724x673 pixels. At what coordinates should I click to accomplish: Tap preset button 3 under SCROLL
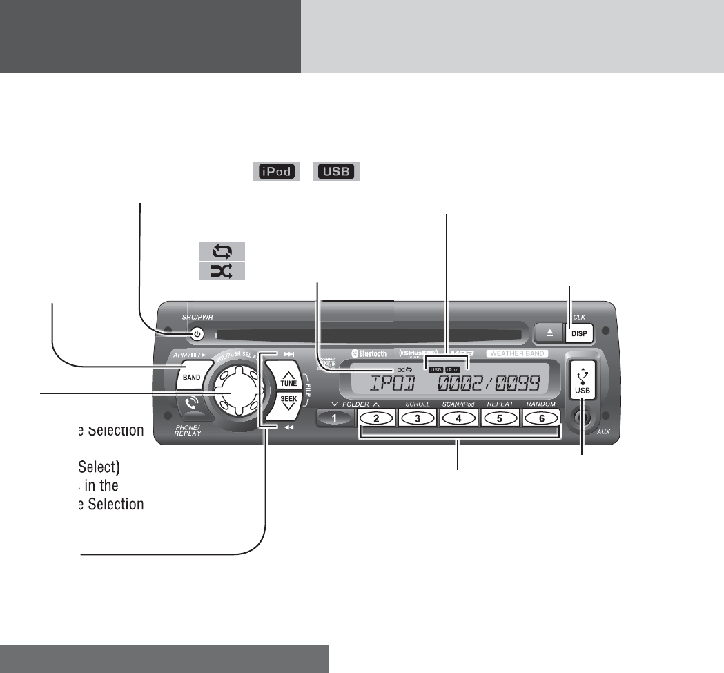coord(418,418)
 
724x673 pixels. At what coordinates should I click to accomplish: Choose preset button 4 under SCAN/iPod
coord(459,418)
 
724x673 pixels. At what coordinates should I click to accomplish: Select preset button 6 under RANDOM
coord(541,418)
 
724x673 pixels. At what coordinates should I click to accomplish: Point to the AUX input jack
coord(583,418)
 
